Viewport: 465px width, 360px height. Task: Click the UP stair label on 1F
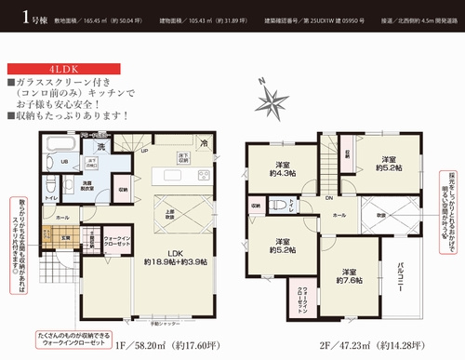[142, 151]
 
